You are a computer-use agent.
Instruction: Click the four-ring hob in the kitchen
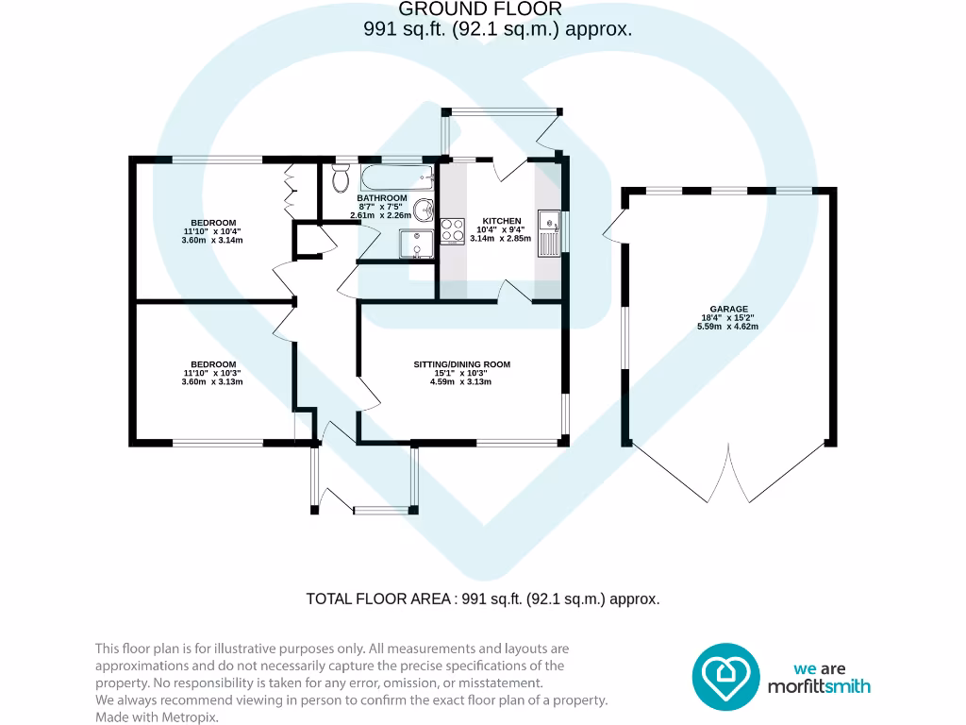pos(453,230)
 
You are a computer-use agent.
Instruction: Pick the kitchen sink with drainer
pos(548,231)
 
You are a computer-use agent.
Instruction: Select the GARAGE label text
pos(728,309)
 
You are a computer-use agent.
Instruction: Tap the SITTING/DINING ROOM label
pos(461,363)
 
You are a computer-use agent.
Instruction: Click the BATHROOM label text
pos(381,198)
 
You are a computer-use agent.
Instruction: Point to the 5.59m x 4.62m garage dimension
pos(728,327)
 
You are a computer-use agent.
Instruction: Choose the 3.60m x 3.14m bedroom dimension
pos(211,240)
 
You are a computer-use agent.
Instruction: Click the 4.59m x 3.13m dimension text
pos(461,381)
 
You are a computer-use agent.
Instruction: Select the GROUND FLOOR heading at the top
pos(480,9)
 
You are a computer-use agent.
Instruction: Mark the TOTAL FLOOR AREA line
pos(483,599)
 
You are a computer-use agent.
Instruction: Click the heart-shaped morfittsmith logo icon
pos(725,676)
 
